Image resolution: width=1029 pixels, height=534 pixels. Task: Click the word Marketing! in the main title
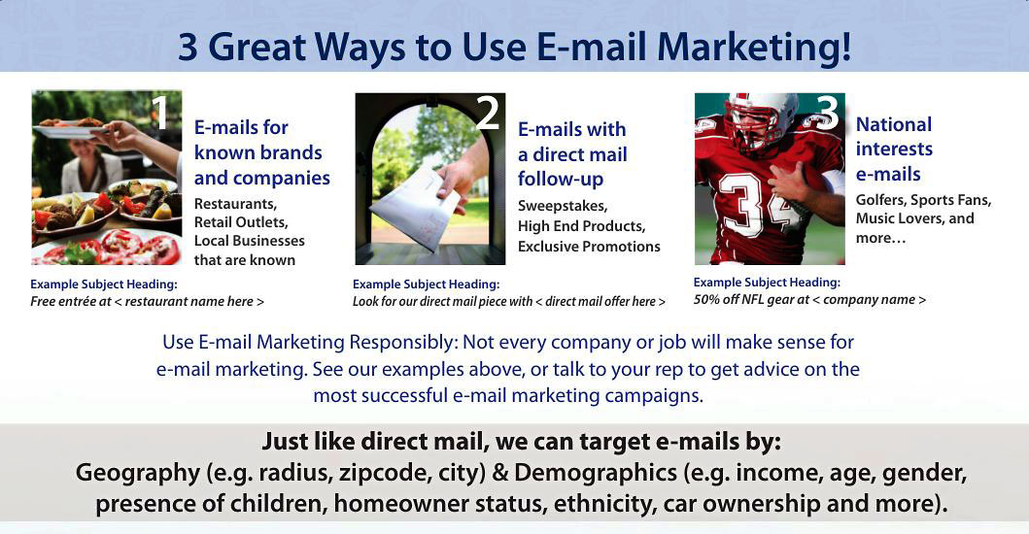coord(754,48)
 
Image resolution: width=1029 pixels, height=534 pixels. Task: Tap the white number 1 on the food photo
coord(158,112)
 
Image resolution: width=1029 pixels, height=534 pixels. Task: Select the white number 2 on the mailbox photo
coord(488,113)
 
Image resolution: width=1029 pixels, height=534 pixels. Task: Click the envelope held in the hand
coord(414,209)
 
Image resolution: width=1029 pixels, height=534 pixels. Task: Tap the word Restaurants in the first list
coord(235,204)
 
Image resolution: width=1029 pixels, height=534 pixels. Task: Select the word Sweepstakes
coord(563,206)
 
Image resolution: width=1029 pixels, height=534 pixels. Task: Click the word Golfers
coord(880,201)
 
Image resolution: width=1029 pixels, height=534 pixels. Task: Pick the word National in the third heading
coord(894,124)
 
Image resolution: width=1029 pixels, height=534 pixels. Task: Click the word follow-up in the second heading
coord(561,179)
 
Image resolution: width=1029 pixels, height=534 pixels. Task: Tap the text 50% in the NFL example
coord(706,300)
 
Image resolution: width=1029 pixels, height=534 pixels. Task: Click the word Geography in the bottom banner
coord(138,473)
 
